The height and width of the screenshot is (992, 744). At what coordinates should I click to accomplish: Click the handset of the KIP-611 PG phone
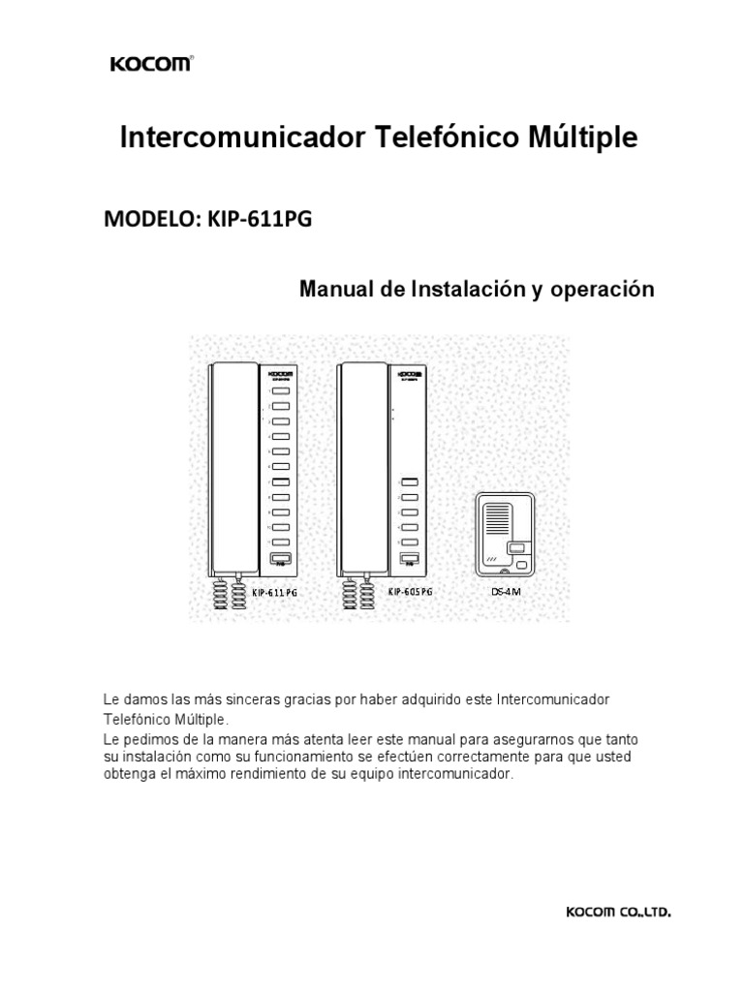coord(232,465)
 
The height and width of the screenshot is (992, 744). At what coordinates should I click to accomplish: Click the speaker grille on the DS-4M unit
coord(497,519)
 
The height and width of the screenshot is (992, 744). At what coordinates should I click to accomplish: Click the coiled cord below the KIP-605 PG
coord(356,592)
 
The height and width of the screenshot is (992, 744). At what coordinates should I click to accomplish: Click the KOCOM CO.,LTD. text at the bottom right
coord(618,912)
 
